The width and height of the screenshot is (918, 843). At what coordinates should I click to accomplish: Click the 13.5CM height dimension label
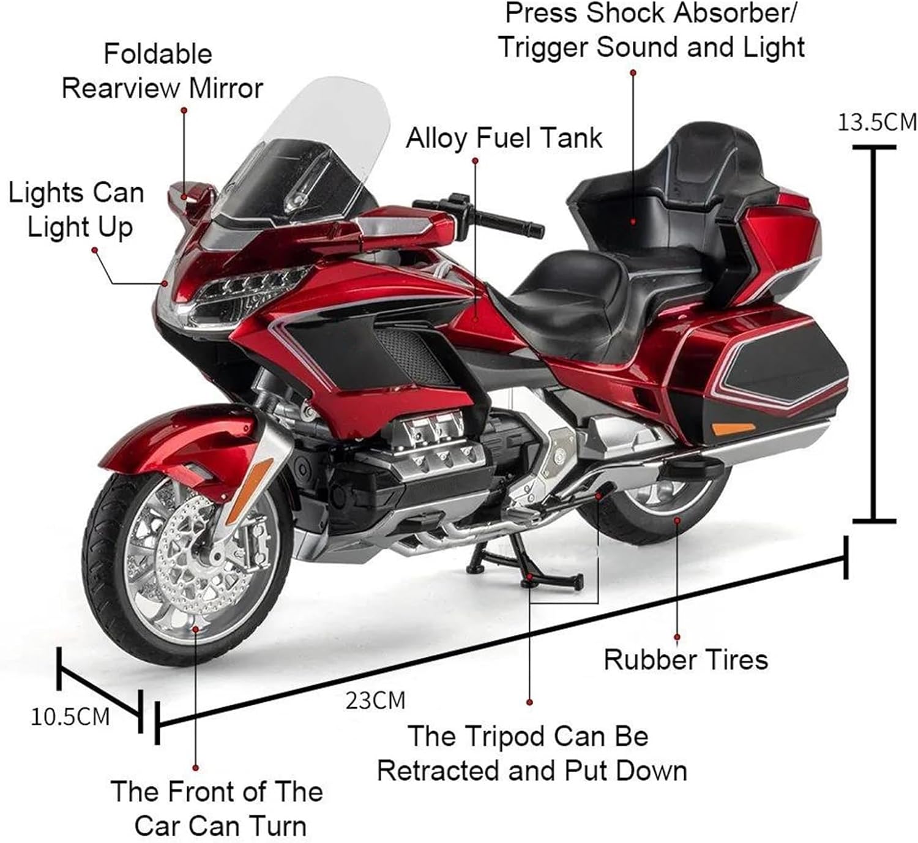877,122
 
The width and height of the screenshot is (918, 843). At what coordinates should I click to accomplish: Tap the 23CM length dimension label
375,700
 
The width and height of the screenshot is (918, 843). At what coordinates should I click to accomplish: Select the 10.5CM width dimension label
70,716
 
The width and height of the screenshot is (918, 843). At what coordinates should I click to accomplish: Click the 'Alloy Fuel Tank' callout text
504,138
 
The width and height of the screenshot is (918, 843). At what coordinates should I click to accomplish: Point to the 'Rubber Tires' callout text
685,659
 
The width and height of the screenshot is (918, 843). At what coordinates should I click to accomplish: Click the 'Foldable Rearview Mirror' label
162,71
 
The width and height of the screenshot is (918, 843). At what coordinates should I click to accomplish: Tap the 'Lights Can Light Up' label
76,209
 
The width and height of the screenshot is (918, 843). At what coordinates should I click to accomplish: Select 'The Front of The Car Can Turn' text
217,808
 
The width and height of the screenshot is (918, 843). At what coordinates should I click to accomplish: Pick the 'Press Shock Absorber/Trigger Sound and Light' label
651,31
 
